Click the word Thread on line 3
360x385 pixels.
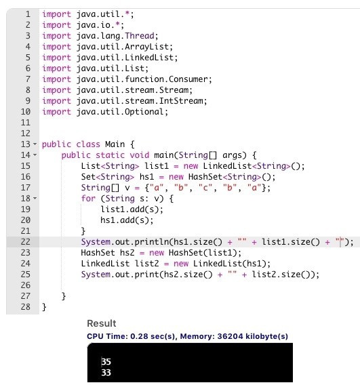point(140,36)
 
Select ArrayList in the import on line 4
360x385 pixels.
point(147,47)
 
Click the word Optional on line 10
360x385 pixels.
point(144,112)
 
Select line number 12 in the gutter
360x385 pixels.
point(26,134)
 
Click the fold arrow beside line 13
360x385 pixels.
point(35,144)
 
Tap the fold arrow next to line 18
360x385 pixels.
point(35,198)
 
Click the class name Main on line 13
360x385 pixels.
point(115,144)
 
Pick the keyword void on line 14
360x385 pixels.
point(139,155)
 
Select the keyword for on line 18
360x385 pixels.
point(88,199)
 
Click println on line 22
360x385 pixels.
point(152,242)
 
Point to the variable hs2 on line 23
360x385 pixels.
point(127,253)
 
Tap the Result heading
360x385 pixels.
point(102,323)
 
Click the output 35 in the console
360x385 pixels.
point(106,362)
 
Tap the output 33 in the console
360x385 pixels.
point(106,373)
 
